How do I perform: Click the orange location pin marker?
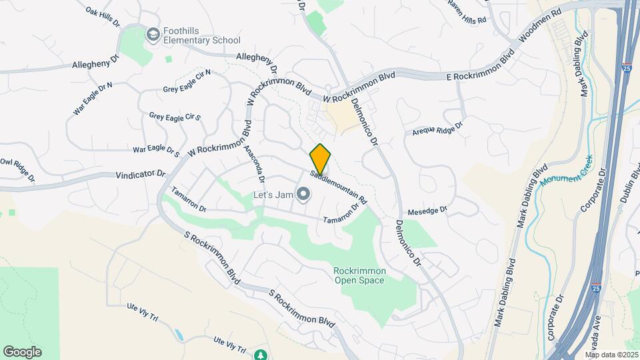click(x=321, y=158)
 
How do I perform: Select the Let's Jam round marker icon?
click(x=303, y=195)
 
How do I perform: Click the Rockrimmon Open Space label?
click(x=359, y=275)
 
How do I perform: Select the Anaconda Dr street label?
click(x=255, y=163)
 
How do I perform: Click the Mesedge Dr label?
click(x=427, y=209)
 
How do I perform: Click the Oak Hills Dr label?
click(x=103, y=17)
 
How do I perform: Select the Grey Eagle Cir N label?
click(x=187, y=81)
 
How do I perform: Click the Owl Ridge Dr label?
click(x=16, y=169)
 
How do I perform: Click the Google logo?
click(x=22, y=352)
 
